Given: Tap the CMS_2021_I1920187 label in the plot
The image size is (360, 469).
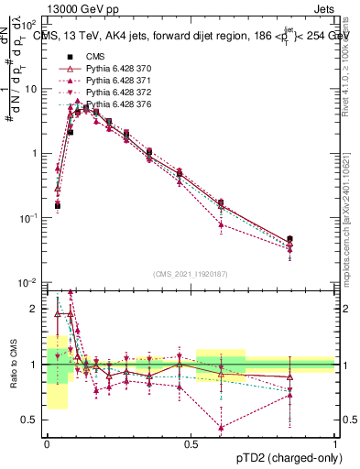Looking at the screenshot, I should tap(190, 273).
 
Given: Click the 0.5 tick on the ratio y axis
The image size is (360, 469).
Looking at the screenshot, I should tap(33, 420).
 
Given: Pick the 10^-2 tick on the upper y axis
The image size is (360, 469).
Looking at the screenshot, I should tap(31, 282).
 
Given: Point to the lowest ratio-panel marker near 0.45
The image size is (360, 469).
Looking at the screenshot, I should tap(222, 427).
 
